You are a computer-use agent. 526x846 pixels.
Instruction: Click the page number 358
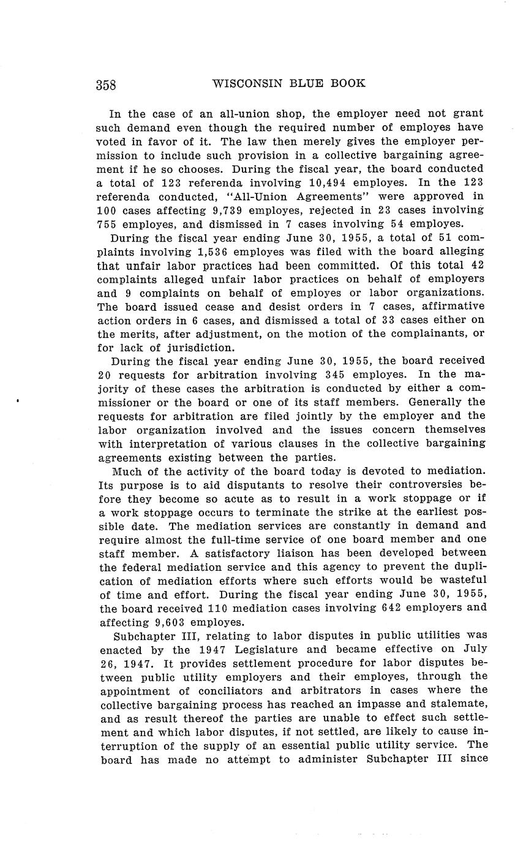coord(106,85)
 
